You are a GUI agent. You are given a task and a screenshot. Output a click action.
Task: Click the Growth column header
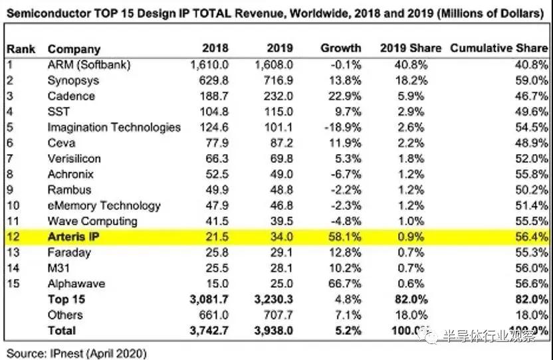click(x=340, y=48)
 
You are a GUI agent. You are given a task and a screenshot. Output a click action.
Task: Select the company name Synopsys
click(x=74, y=80)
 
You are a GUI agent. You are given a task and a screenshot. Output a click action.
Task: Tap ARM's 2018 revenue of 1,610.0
click(x=209, y=65)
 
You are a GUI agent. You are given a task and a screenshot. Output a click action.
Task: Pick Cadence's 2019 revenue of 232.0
click(x=278, y=96)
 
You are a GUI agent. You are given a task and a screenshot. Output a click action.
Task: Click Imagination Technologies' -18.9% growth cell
click(x=344, y=128)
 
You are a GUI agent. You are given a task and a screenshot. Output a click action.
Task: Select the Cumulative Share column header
click(x=498, y=48)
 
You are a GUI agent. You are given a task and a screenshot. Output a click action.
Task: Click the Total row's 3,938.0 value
click(x=273, y=331)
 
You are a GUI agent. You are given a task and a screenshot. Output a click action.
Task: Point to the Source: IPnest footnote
click(x=76, y=353)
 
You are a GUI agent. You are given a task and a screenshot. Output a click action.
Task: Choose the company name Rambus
click(x=70, y=190)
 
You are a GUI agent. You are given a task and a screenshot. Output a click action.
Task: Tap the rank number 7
click(x=11, y=159)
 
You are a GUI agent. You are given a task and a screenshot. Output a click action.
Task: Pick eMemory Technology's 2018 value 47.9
click(x=215, y=206)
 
